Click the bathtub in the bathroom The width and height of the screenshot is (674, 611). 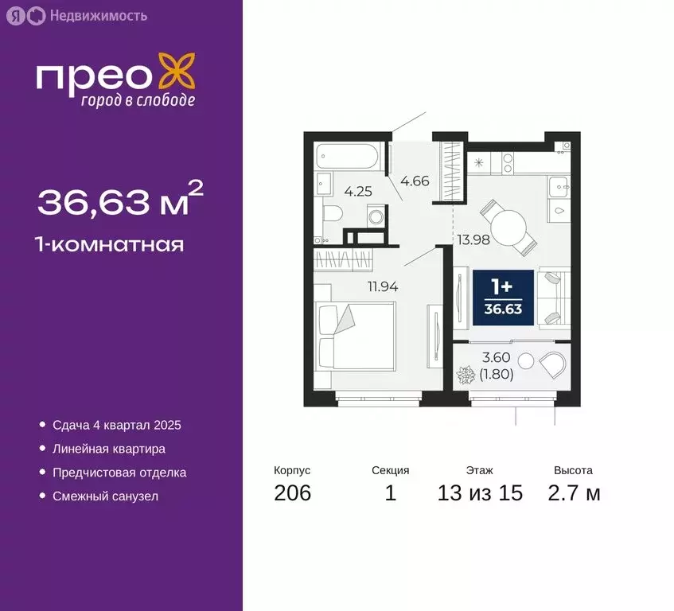[x=349, y=156]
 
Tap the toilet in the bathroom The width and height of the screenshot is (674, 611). [x=331, y=213]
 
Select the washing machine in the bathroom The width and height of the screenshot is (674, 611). [x=375, y=216]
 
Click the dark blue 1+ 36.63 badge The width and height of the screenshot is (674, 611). [x=504, y=297]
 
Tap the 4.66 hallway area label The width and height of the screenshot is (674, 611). [x=415, y=181]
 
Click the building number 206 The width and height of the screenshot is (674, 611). [x=292, y=493]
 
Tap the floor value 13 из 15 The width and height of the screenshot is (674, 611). [x=480, y=493]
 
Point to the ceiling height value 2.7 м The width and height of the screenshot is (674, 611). [x=573, y=493]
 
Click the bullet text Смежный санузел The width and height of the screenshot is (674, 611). [x=105, y=496]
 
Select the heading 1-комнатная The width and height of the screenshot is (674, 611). [x=111, y=244]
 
